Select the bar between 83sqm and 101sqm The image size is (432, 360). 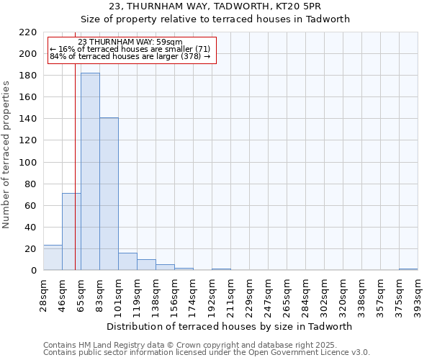tap(109, 194)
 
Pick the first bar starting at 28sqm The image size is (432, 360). tap(53, 258)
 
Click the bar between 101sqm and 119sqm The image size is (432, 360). tap(127, 262)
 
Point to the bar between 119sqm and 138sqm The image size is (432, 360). tap(146, 265)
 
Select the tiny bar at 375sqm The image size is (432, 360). tap(408, 269)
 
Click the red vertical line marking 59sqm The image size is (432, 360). tap(75, 180)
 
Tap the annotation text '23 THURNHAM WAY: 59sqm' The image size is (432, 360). tap(130, 42)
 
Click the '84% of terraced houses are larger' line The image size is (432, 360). tap(130, 56)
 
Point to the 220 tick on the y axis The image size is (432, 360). tap(29, 32)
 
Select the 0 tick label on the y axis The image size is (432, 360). tap(33, 271)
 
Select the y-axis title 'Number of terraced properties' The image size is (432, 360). tap(6, 154)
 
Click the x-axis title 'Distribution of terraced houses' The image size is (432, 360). tap(233, 326)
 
